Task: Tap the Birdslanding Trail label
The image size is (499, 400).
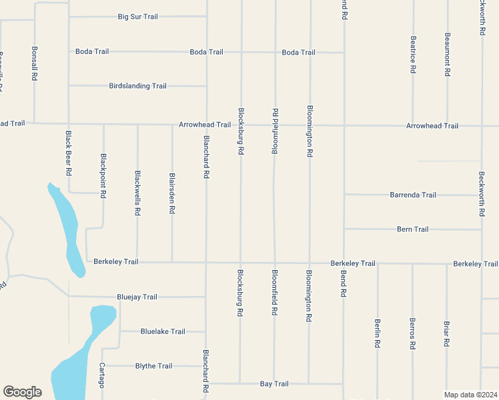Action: [137, 86]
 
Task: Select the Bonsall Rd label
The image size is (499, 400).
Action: [34, 64]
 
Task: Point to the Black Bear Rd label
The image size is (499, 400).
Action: [69, 153]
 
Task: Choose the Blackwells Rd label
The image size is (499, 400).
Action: [137, 193]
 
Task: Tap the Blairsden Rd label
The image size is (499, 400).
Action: [172, 194]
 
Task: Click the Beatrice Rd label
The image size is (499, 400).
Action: [414, 55]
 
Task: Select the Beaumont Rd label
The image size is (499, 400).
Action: [448, 53]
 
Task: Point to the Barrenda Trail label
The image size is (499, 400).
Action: [413, 195]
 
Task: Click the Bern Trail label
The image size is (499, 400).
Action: [412, 229]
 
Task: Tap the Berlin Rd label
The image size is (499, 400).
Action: [378, 333]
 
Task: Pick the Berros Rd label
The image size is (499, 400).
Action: [412, 334]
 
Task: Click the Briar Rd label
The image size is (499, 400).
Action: [446, 334]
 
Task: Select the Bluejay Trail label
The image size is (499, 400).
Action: [137, 297]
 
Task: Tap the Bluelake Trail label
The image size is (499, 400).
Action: [163, 331]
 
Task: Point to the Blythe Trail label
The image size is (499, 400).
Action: [153, 366]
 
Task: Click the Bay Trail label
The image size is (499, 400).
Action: [274, 384]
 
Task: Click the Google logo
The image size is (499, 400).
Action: [22, 392]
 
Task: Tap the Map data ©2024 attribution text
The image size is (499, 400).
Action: [471, 395]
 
